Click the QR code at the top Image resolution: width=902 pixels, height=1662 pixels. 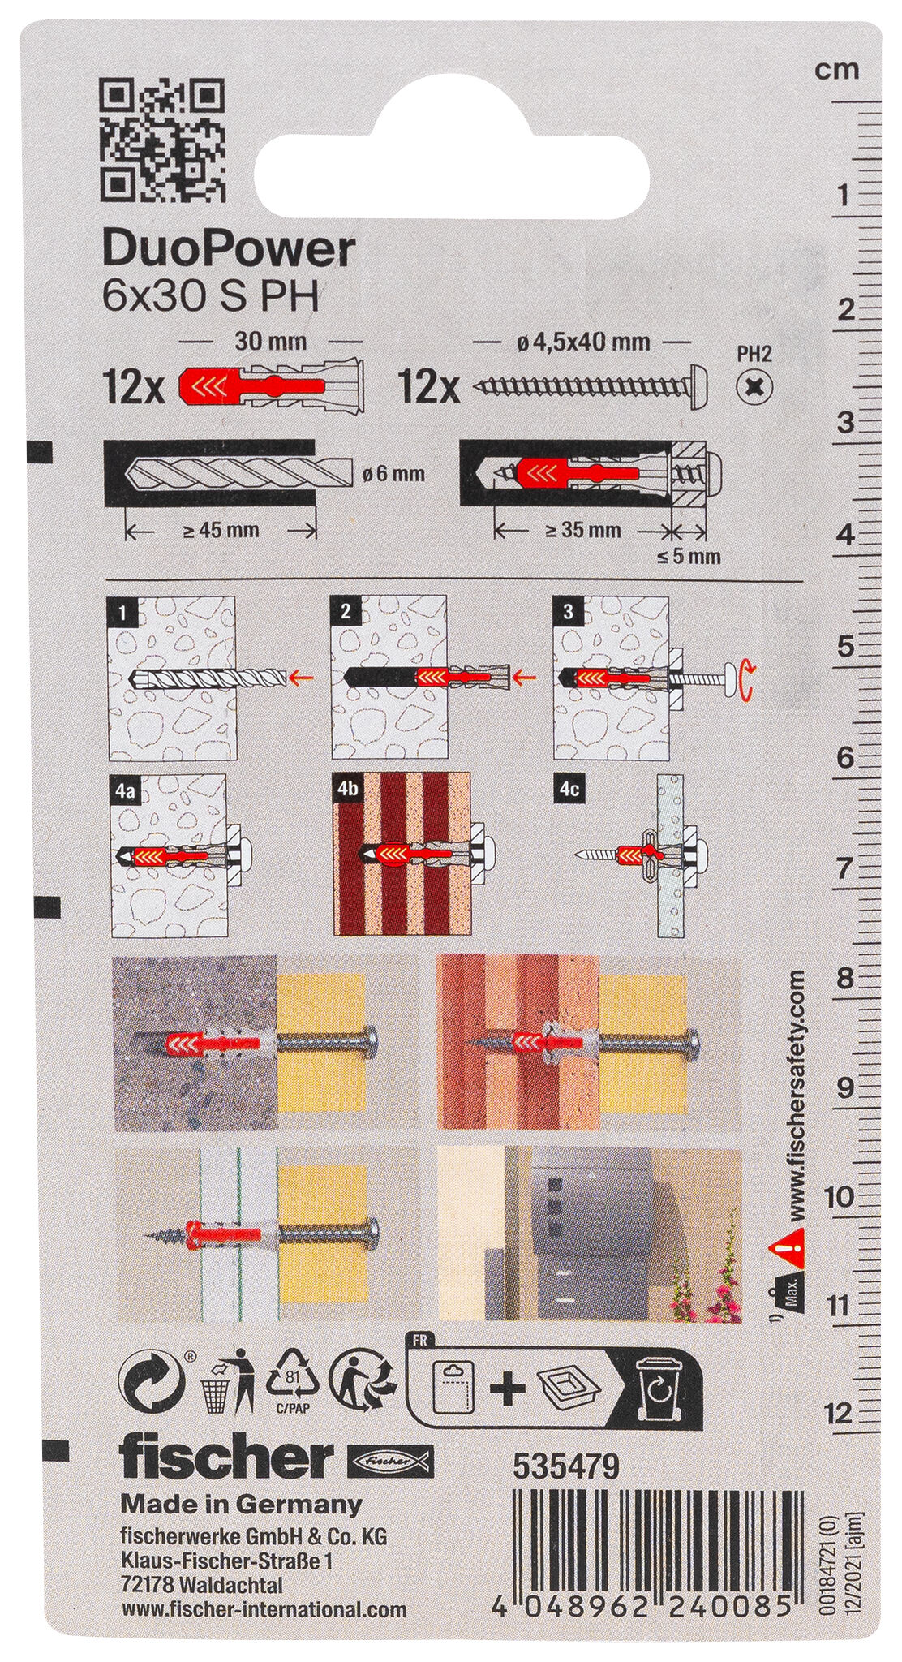[x=162, y=141]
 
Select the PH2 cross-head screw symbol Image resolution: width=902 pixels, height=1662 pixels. [x=754, y=385]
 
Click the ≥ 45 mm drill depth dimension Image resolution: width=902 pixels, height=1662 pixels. [x=220, y=531]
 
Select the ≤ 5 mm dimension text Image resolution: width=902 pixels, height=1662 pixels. [x=690, y=557]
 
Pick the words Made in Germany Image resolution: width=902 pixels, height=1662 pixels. [x=241, y=1504]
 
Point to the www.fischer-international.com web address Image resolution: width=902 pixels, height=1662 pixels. [x=263, y=1631]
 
